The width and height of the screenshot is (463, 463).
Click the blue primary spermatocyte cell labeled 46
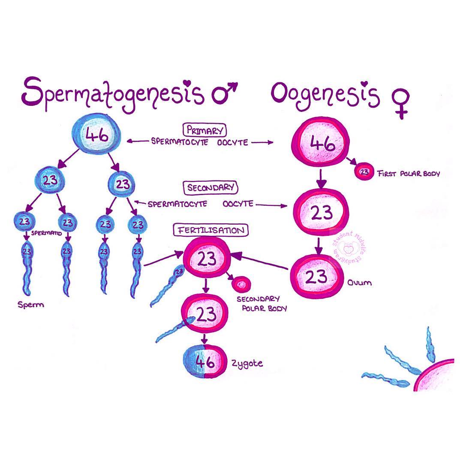[x=96, y=134]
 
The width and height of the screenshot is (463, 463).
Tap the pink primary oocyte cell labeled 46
[x=321, y=142]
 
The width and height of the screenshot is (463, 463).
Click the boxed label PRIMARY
[x=204, y=130]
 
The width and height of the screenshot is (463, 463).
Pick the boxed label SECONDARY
[x=210, y=188]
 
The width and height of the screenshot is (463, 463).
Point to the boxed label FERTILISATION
[x=211, y=230]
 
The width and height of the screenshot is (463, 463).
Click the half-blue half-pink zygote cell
[x=204, y=361]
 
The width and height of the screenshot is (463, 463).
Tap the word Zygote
[x=247, y=364]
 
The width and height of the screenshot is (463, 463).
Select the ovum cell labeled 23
[x=317, y=277]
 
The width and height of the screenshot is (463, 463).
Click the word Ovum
[x=359, y=283]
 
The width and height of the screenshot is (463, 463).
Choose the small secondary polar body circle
[x=241, y=284]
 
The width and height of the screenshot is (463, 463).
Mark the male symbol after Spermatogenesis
[x=225, y=93]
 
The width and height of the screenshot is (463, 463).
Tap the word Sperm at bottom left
[x=31, y=305]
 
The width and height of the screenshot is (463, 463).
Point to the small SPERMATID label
[x=47, y=233]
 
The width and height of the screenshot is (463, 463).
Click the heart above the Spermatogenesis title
[x=187, y=84]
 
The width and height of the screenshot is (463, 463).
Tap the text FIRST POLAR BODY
[x=409, y=173]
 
